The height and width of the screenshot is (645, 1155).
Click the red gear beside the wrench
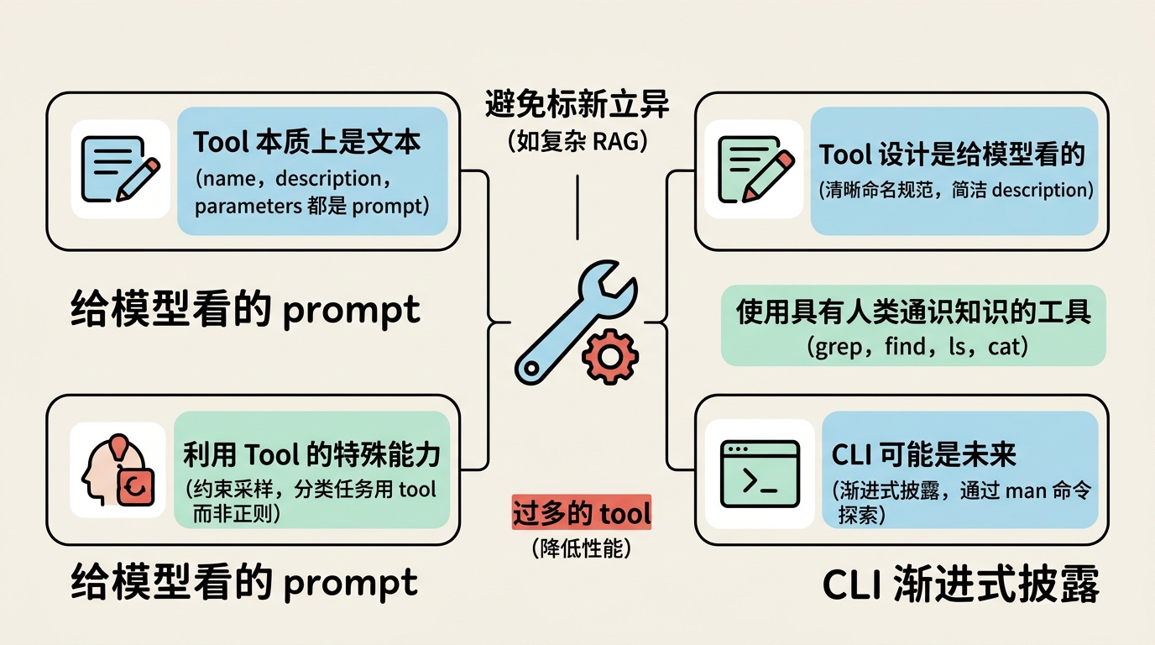click(610, 357)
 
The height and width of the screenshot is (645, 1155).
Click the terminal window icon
click(760, 474)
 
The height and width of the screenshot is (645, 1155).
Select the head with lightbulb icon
click(118, 469)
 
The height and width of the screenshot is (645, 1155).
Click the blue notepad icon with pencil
click(120, 169)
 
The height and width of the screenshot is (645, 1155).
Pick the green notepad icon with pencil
click(755, 169)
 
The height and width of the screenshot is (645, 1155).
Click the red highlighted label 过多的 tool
click(581, 512)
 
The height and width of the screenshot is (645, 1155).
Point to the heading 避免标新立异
click(577, 103)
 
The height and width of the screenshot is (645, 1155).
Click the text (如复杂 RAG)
click(577, 141)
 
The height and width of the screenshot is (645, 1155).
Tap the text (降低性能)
click(581, 548)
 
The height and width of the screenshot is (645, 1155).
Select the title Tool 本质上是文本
click(307, 142)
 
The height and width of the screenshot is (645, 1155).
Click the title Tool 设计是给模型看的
click(952, 155)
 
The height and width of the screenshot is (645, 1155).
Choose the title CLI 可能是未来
click(923, 454)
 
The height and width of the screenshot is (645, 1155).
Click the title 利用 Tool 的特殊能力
click(311, 454)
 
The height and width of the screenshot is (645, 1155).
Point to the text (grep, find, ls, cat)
click(917, 346)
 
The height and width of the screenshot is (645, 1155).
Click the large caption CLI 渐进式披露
click(960, 584)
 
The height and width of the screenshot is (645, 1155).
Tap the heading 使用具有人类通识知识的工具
click(913, 312)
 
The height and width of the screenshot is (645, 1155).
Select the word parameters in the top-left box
click(248, 207)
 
